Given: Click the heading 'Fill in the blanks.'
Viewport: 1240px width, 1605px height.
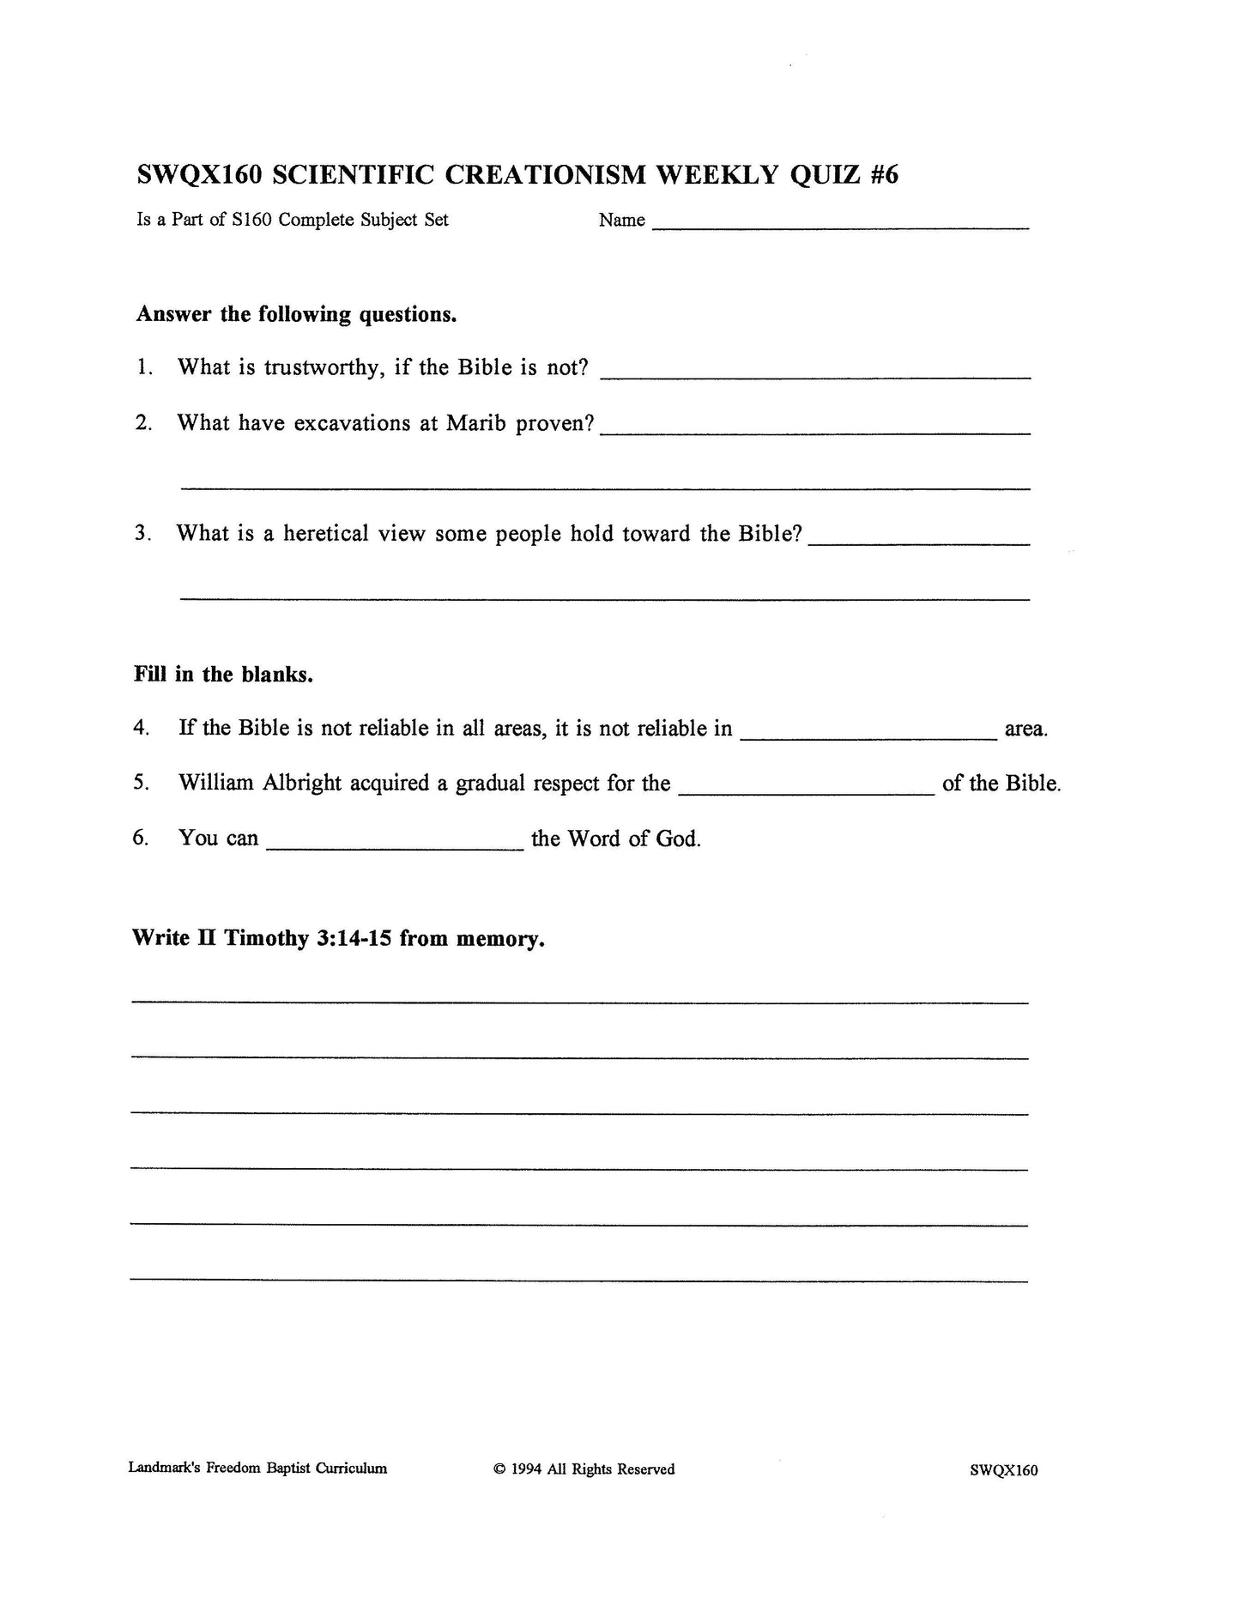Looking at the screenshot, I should pyautogui.click(x=223, y=674).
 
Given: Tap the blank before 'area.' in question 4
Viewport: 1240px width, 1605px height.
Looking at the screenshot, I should pyautogui.click(x=868, y=735).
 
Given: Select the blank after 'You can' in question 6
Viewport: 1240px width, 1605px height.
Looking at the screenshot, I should pyautogui.click(x=395, y=846).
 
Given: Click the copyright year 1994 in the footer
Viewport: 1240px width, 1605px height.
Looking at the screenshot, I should pyautogui.click(x=525, y=1469).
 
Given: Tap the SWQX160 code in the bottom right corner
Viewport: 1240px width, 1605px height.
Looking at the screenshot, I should pyautogui.click(x=1003, y=1470).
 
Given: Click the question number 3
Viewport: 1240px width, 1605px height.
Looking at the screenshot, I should pyautogui.click(x=142, y=533).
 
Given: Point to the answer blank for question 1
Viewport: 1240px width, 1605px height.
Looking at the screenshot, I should pyautogui.click(x=815, y=374).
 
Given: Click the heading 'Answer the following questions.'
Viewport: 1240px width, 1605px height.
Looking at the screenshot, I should pyautogui.click(x=296, y=314).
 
